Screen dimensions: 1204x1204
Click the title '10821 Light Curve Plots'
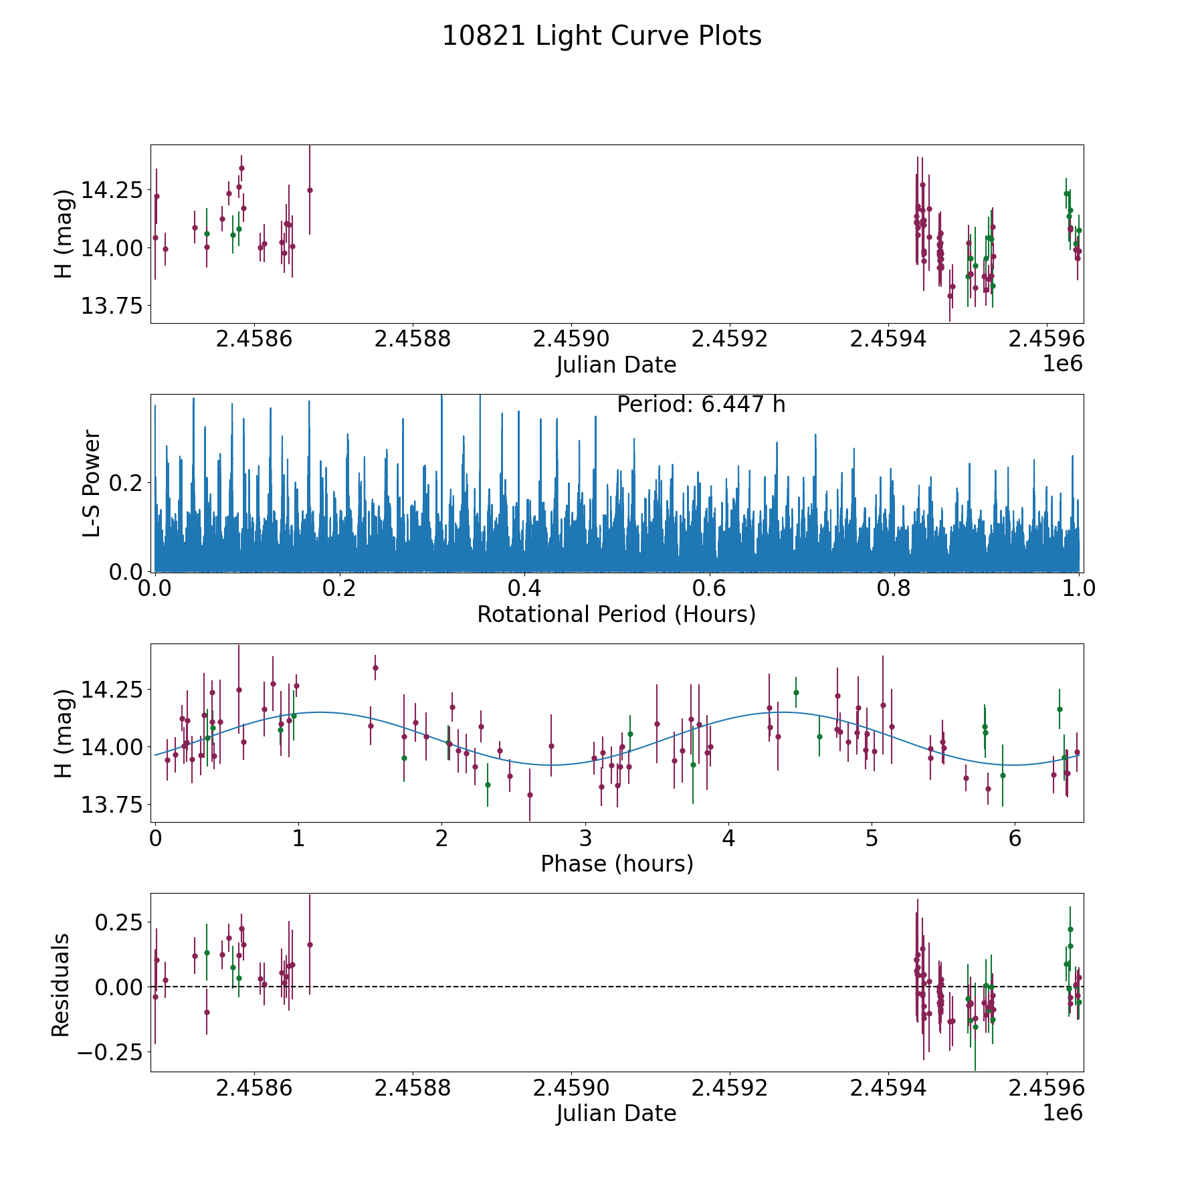coord(601,36)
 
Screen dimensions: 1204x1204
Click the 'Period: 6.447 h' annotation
coord(700,405)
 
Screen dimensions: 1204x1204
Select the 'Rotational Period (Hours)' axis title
coord(616,614)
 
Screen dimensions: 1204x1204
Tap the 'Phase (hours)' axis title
coord(616,864)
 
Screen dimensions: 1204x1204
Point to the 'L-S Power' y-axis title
coord(91,483)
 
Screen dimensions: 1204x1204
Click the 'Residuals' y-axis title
coord(61,985)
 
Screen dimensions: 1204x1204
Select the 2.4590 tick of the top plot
coord(571,339)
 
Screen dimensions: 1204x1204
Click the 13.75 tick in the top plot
coord(111,306)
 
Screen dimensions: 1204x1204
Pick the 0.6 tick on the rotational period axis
coord(709,589)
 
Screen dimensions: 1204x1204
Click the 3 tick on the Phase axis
coord(585,838)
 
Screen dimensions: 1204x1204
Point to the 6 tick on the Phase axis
coord(1015,838)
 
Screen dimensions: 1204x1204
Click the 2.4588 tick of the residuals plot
coord(412,1088)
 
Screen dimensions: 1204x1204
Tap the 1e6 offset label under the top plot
coord(1062,363)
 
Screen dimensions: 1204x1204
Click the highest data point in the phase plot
coord(375,668)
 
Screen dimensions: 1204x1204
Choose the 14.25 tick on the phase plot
coord(111,690)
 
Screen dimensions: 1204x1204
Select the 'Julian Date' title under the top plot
coord(616,365)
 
